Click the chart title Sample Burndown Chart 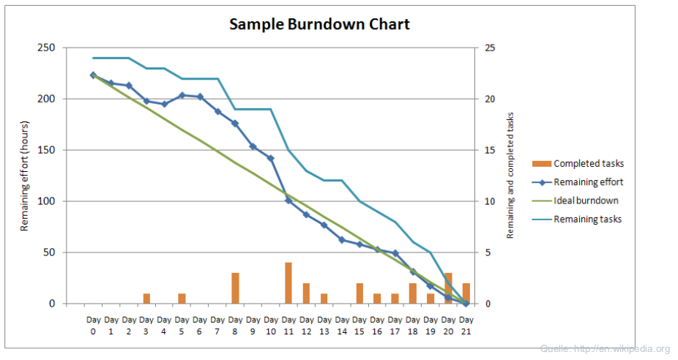click(x=319, y=24)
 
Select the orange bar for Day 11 click(x=288, y=283)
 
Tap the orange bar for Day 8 click(x=235, y=288)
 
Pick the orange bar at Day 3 click(x=146, y=299)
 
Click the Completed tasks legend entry click(x=578, y=164)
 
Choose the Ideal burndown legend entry click(x=578, y=200)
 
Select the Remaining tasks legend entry click(x=578, y=219)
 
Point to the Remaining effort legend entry click(x=578, y=182)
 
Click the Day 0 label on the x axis click(x=93, y=326)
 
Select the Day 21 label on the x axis click(x=466, y=326)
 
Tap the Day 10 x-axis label click(x=271, y=326)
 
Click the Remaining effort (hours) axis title click(x=25, y=176)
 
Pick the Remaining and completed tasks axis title click(x=510, y=176)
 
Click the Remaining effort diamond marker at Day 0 click(x=93, y=75)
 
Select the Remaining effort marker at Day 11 click(x=288, y=200)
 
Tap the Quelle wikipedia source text click(x=605, y=349)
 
